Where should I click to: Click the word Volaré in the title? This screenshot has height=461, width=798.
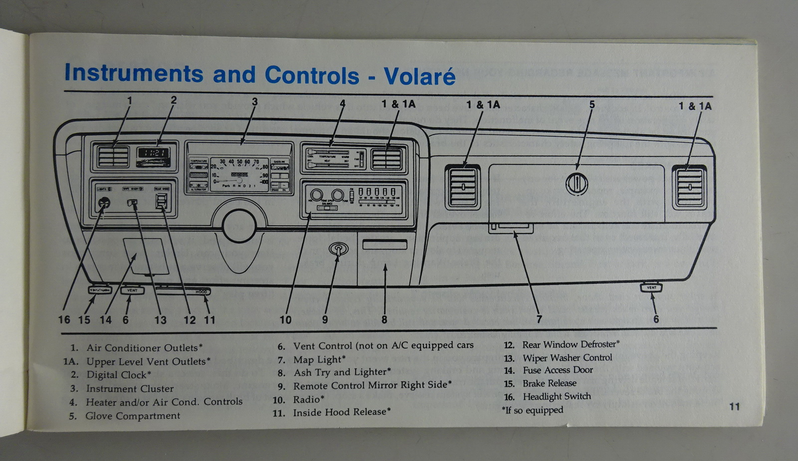click(x=419, y=76)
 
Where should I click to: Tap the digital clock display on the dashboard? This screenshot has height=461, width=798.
click(x=153, y=153)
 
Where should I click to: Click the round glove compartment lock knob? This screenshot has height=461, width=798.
click(x=577, y=184)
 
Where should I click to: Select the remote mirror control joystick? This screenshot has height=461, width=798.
click(x=338, y=248)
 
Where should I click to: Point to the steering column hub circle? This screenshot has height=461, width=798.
click(x=239, y=226)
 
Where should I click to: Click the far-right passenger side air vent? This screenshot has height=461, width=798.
click(x=689, y=187)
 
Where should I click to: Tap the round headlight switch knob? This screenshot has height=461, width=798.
click(x=104, y=203)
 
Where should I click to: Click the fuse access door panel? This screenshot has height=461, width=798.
click(x=146, y=256)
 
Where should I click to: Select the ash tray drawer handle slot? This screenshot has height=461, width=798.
click(x=385, y=244)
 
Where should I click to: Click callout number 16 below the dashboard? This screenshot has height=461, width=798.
click(x=64, y=320)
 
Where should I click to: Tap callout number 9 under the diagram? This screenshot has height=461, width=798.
click(x=325, y=320)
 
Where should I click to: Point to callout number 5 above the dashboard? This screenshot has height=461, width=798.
click(x=592, y=105)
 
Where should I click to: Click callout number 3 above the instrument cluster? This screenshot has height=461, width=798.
click(x=254, y=102)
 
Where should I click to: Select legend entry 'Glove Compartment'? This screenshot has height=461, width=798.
click(x=132, y=416)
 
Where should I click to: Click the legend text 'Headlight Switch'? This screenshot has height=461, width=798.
click(x=556, y=397)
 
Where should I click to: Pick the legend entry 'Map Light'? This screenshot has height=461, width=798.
click(x=319, y=359)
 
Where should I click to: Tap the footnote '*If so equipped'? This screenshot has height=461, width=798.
click(x=532, y=410)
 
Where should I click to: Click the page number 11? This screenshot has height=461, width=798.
click(x=734, y=407)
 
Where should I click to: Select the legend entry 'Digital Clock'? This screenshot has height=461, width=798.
click(x=118, y=375)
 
